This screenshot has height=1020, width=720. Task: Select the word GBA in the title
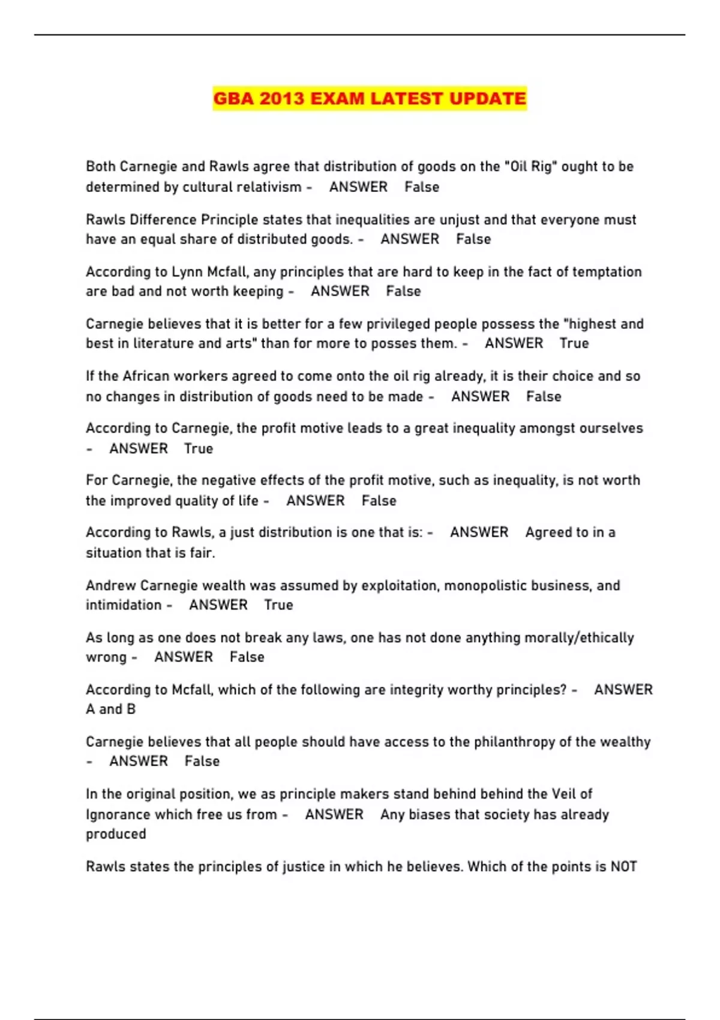tap(233, 98)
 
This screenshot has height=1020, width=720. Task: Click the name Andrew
tap(110, 586)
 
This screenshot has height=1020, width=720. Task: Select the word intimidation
tap(123, 605)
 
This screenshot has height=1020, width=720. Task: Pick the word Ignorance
tap(118, 815)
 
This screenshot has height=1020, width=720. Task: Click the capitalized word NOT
tap(623, 867)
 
